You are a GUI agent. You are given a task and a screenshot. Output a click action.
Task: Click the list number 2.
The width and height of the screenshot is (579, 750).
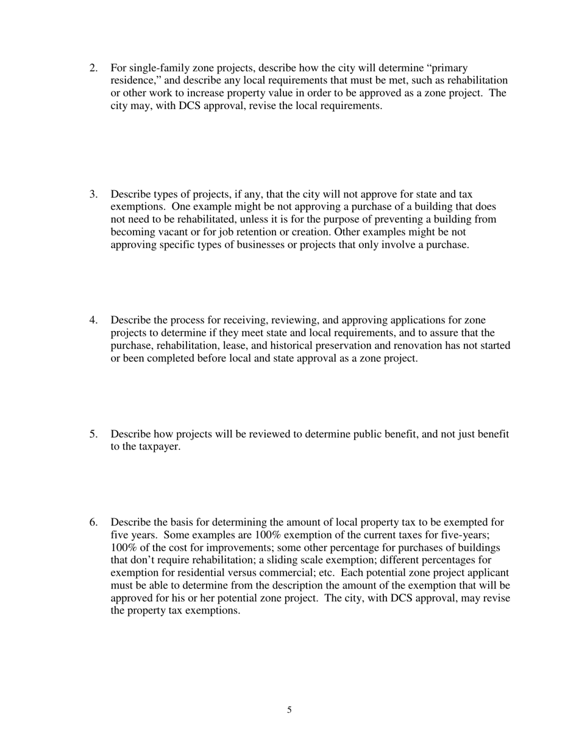[x=93, y=68]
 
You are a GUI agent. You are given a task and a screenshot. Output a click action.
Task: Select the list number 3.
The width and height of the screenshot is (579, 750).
[x=93, y=195]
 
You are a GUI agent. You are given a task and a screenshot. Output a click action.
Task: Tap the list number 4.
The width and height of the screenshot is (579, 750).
[x=93, y=320]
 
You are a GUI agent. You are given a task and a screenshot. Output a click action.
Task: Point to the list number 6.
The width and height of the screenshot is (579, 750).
[x=93, y=523]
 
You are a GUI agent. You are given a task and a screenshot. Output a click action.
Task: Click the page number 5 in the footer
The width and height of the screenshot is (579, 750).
[x=289, y=710]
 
